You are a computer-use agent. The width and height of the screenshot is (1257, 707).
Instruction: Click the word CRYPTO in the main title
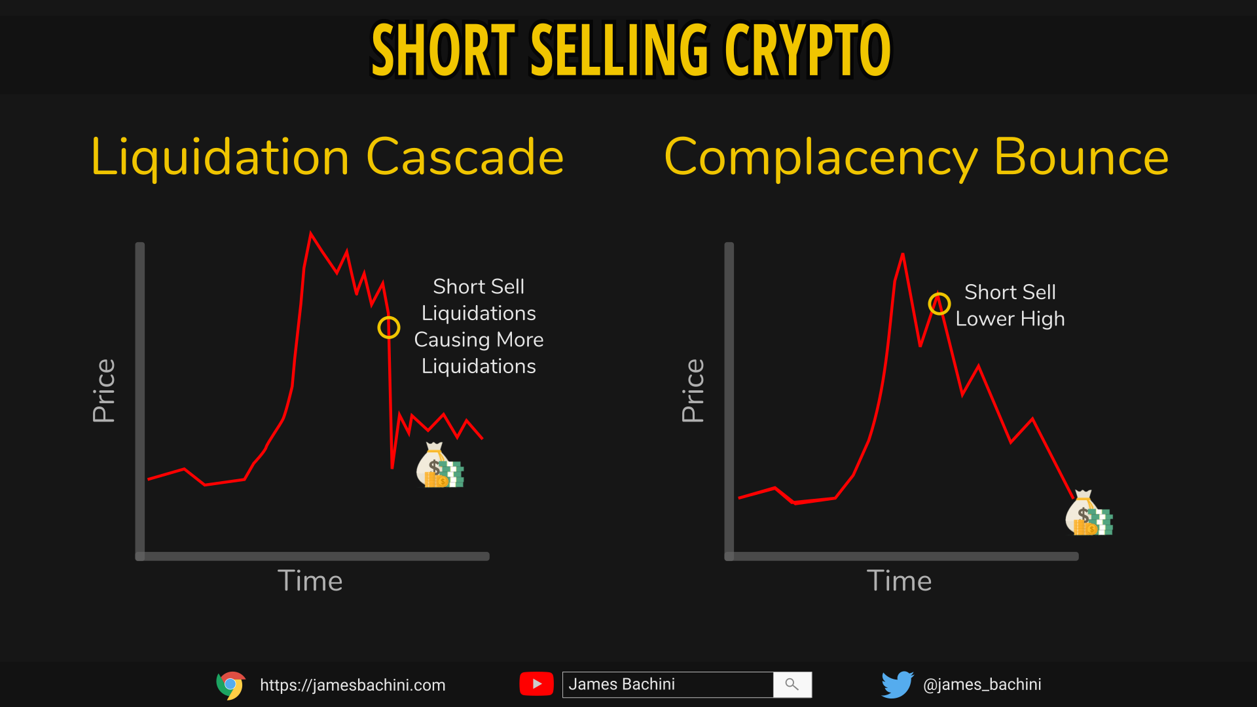pyautogui.click(x=807, y=50)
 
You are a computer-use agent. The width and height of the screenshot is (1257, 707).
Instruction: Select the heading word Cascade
pyautogui.click(x=465, y=157)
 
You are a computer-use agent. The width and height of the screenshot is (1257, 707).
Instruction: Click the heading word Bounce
pyautogui.click(x=1081, y=157)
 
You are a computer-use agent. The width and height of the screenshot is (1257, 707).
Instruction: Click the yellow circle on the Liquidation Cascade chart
pyautogui.click(x=389, y=317)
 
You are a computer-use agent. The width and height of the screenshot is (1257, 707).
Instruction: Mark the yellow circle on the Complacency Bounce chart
pyautogui.click(x=939, y=293)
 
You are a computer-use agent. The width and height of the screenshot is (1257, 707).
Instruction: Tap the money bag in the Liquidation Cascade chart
pyautogui.click(x=440, y=465)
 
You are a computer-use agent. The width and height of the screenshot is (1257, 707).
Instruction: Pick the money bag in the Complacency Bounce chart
pyautogui.click(x=1089, y=513)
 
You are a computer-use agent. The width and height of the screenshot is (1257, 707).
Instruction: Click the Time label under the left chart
pyautogui.click(x=310, y=581)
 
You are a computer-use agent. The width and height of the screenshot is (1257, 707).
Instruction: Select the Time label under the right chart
pyautogui.click(x=899, y=581)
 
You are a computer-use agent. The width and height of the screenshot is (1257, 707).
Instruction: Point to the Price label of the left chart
pyautogui.click(x=104, y=391)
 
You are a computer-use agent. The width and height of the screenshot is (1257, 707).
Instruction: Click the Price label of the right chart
pyautogui.click(x=693, y=391)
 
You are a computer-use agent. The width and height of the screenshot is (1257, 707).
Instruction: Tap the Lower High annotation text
pyautogui.click(x=1010, y=319)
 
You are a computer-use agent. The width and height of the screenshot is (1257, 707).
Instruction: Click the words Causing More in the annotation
pyautogui.click(x=479, y=340)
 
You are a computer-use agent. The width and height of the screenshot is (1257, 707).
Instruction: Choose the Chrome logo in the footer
pyautogui.click(x=230, y=685)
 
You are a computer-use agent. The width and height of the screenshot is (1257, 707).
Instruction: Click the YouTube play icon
pyautogui.click(x=537, y=684)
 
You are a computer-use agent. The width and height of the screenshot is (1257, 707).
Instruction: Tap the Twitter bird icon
pyautogui.click(x=897, y=685)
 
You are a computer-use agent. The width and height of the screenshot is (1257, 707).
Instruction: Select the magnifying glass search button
pyautogui.click(x=792, y=685)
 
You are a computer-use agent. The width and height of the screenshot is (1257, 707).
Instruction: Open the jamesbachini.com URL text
pyautogui.click(x=353, y=685)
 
